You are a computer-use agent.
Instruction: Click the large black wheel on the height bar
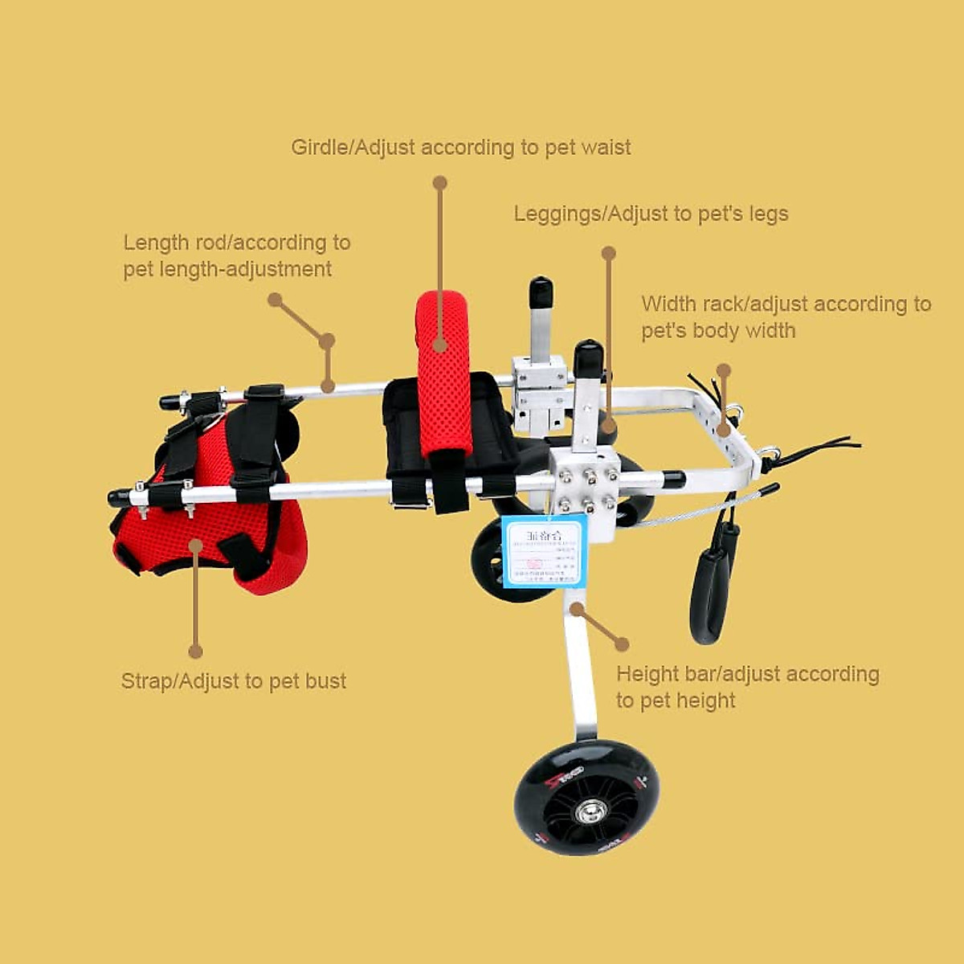pyautogui.click(x=587, y=797)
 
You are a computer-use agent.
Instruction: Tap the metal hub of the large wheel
pyautogui.click(x=587, y=811)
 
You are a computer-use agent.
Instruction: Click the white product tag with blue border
pyautogui.click(x=544, y=551)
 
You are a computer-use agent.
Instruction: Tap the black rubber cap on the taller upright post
pyautogui.click(x=539, y=291)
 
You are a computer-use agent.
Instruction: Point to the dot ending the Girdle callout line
pyautogui.click(x=439, y=184)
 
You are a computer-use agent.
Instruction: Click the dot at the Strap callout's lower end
pyautogui.click(x=195, y=652)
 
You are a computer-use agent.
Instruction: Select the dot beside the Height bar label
pyautogui.click(x=622, y=643)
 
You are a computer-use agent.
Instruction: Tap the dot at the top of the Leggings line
pyautogui.click(x=608, y=253)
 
